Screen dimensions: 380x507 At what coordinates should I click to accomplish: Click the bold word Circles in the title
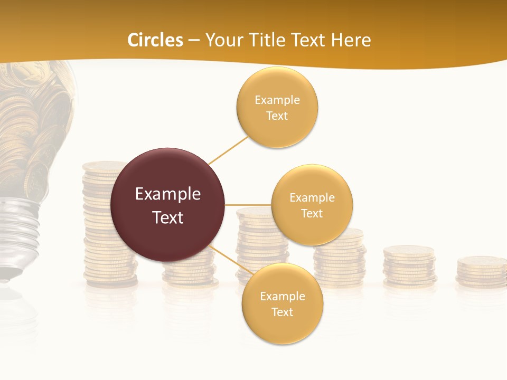click(155, 40)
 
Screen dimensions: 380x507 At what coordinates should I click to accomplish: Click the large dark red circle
click(167, 205)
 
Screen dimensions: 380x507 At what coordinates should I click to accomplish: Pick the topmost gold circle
click(277, 107)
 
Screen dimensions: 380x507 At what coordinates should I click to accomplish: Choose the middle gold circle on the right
click(312, 205)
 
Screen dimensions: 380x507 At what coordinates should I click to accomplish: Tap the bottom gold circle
click(282, 303)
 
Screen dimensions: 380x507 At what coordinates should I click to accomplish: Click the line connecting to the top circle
click(228, 150)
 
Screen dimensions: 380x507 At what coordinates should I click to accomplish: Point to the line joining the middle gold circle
click(248, 204)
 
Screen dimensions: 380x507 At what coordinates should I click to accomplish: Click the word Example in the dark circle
click(168, 194)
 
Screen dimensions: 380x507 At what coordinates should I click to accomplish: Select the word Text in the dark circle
click(168, 217)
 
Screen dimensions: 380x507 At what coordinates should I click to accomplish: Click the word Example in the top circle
click(277, 100)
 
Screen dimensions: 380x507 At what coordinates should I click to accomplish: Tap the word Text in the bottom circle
click(282, 312)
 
